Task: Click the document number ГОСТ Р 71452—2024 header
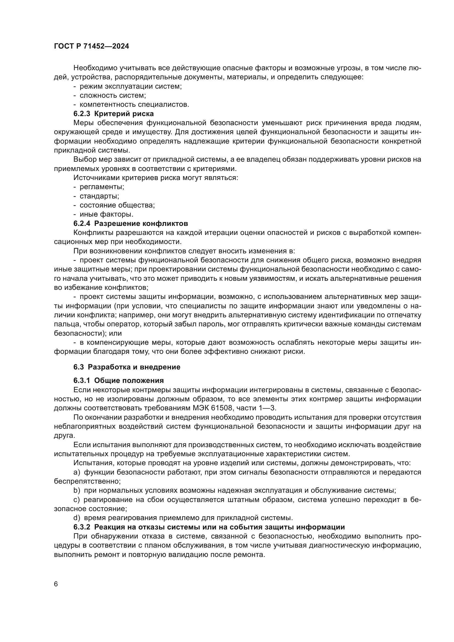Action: point(91,46)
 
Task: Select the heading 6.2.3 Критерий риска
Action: point(114,114)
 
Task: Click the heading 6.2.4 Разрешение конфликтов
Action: point(131,223)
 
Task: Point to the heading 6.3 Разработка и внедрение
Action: point(127,367)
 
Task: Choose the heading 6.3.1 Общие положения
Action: point(119,380)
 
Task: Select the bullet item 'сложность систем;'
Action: point(113,96)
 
